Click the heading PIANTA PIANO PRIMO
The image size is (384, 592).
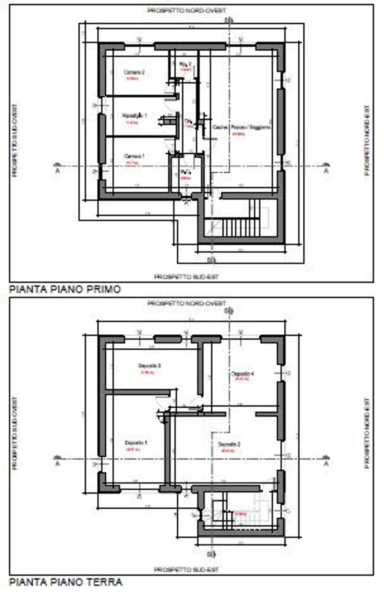point(65,289)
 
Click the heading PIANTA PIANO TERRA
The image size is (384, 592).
point(66,582)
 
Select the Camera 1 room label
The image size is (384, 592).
point(134,156)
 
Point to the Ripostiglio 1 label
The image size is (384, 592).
point(134,116)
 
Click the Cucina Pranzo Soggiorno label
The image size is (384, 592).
point(241,127)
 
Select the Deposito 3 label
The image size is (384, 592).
point(149,366)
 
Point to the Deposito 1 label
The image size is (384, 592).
point(136,443)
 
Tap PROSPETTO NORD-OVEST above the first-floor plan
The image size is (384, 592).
point(187,10)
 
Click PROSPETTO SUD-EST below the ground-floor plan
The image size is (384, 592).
point(186,570)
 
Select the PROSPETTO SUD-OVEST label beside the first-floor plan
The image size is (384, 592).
point(15,140)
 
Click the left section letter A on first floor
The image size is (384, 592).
point(57,171)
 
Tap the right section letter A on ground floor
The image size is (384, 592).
point(326,464)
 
